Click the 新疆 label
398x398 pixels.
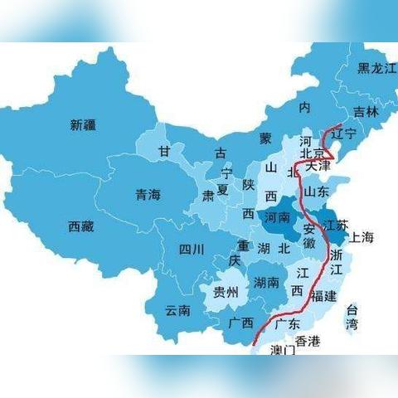coord(83,125)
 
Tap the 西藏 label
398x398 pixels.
coord(81,226)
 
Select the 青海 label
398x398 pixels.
coord(148,196)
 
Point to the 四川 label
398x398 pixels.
coord(192,249)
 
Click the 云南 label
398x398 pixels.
coord(177,311)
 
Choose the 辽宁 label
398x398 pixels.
coord(343,133)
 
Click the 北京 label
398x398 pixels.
coord(312,153)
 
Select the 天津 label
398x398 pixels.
coord(318,167)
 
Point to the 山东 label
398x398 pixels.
coord(317,192)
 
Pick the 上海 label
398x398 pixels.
coord(362,237)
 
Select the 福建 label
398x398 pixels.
coord(323,295)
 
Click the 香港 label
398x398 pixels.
coord(307,342)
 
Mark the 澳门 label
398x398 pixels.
coord(283,351)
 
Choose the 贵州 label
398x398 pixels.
coord(226,292)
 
